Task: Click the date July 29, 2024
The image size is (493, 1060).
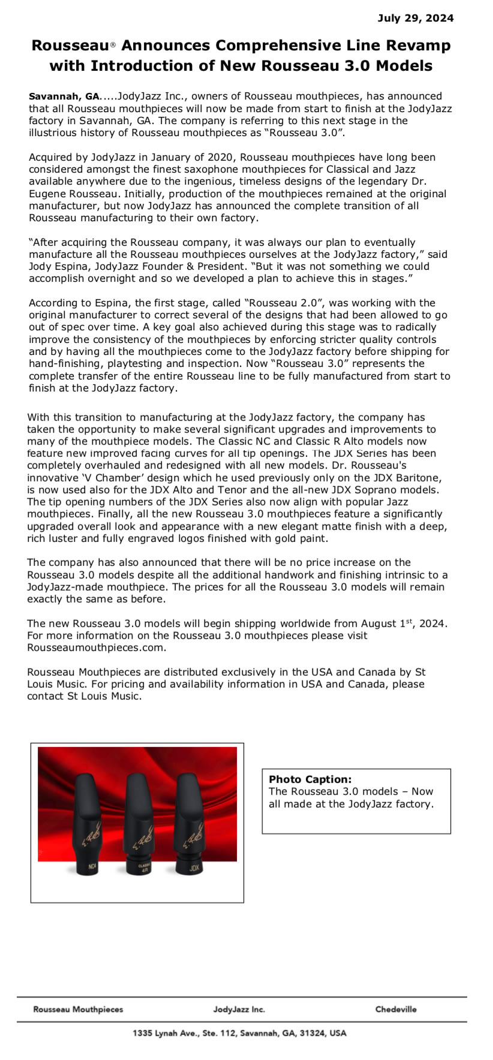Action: [415, 18]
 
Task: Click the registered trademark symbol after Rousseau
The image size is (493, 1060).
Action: [113, 46]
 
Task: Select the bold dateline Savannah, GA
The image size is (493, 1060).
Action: [64, 97]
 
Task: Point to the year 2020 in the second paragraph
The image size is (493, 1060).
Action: [221, 158]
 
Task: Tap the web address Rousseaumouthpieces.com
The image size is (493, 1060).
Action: [97, 648]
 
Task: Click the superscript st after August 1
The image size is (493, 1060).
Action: [410, 621]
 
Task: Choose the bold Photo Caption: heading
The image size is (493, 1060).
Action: [310, 779]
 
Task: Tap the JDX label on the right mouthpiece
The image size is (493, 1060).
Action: [194, 868]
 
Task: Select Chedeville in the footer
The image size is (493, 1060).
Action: [395, 1009]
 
